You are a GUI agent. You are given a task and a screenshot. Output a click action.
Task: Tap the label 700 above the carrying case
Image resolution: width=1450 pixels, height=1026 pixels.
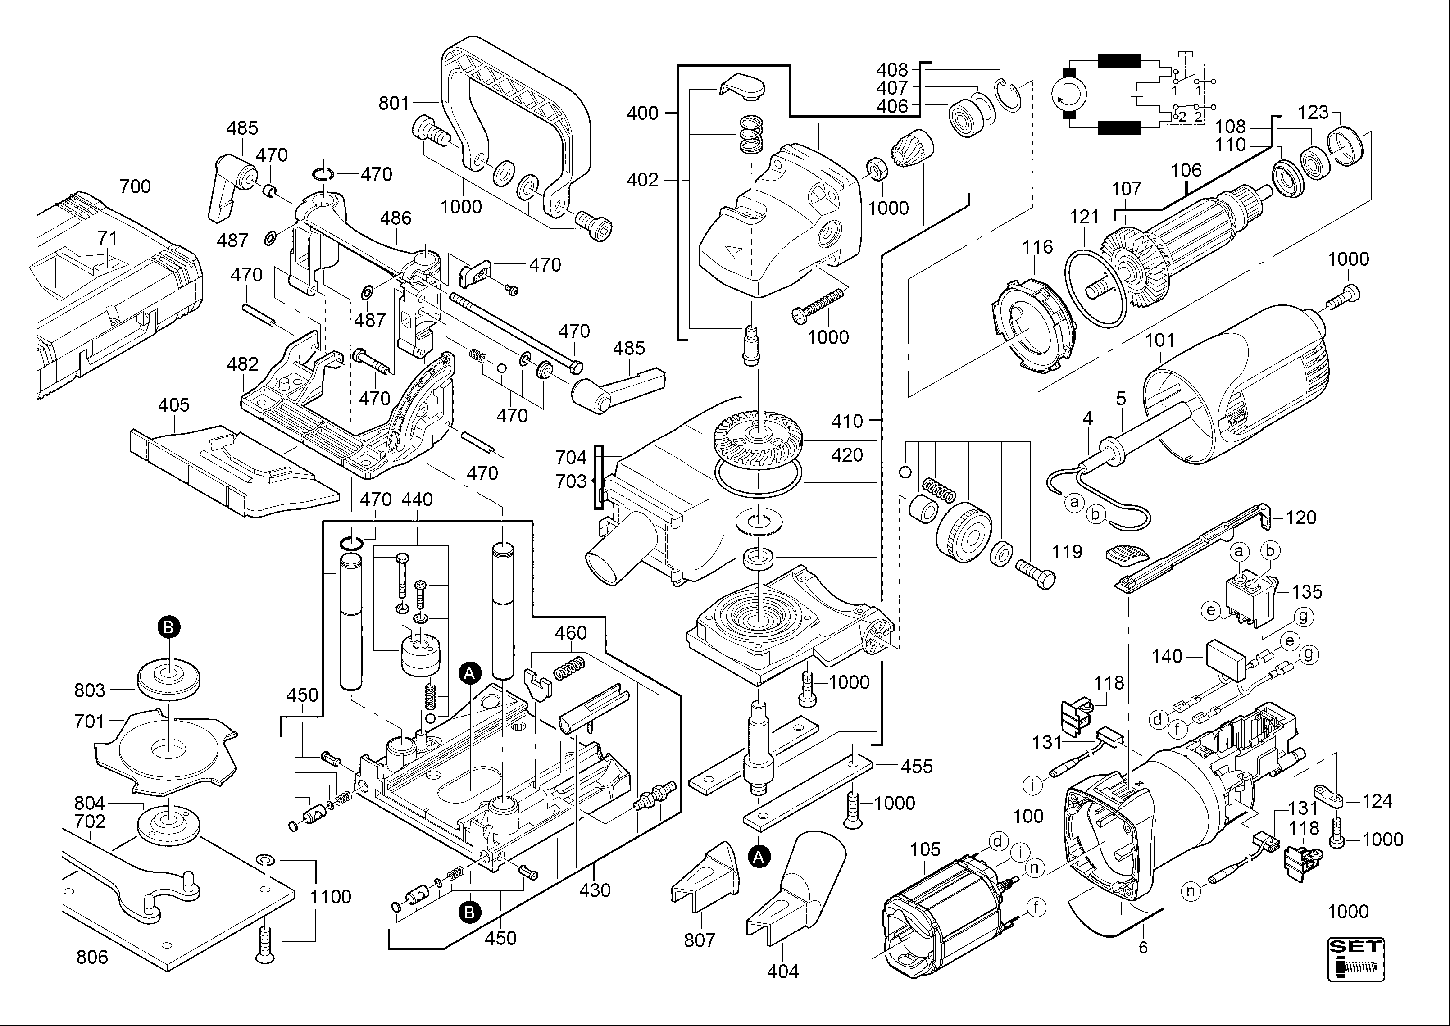point(135,186)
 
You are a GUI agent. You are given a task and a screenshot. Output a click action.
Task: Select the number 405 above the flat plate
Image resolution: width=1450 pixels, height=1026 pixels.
point(174,404)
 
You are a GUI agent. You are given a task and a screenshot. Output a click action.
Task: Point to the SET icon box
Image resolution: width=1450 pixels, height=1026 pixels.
point(1356,960)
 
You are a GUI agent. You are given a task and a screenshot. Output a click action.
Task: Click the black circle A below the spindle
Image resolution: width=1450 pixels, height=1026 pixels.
point(759,857)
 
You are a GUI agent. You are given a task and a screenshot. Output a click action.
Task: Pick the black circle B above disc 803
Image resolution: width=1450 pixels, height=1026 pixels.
point(168,627)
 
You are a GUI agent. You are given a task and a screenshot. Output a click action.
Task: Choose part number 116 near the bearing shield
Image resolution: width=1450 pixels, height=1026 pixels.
point(1038,246)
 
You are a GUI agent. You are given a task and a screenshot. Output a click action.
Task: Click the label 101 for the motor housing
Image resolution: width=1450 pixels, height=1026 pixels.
point(1160,340)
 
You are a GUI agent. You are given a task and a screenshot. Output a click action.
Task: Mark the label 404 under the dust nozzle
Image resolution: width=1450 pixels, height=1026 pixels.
point(783,971)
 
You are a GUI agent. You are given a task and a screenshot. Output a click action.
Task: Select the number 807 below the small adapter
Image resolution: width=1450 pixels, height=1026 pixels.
point(700,940)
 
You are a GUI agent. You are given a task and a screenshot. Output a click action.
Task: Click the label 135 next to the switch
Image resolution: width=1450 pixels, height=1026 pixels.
point(1307,591)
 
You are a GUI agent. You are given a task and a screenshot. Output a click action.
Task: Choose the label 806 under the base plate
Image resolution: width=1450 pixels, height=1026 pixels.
point(92,957)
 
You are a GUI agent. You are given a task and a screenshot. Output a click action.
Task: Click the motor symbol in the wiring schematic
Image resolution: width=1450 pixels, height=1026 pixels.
point(1069,95)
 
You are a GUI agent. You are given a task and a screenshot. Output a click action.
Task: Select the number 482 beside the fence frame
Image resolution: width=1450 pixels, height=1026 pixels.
point(243,364)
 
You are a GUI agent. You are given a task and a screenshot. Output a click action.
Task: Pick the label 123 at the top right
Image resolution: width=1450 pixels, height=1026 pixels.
point(1314,113)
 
